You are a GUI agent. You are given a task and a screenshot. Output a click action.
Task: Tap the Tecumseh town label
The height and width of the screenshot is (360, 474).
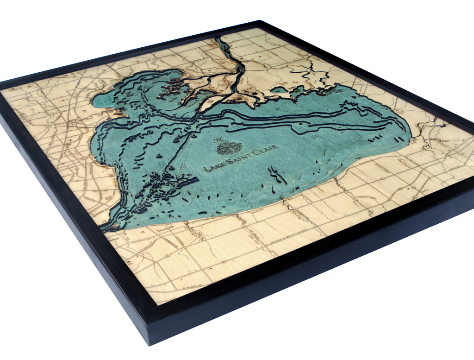pyautogui.click(x=165, y=229)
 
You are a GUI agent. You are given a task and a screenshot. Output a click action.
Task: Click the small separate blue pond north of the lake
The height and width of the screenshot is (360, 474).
pyautogui.click(x=278, y=89)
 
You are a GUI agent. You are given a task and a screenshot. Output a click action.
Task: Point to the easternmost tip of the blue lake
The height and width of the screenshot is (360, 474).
pyautogui.click(x=411, y=134)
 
